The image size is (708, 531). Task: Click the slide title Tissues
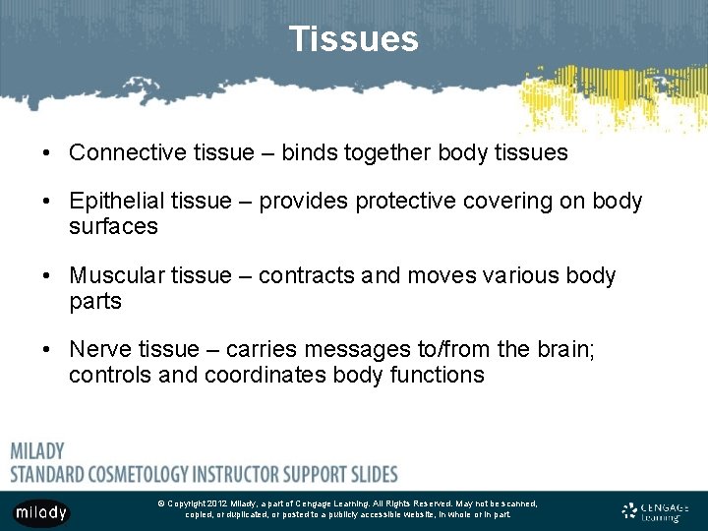[353, 39]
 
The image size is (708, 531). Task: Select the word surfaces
[113, 226]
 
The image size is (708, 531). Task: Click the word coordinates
[265, 375]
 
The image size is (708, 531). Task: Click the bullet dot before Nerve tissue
[47, 350]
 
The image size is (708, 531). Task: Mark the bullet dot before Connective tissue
[47, 153]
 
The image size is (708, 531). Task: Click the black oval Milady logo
[41, 512]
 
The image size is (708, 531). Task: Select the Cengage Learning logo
[656, 511]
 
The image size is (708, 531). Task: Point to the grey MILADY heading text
[37, 451]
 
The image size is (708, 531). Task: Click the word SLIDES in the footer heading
[370, 473]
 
